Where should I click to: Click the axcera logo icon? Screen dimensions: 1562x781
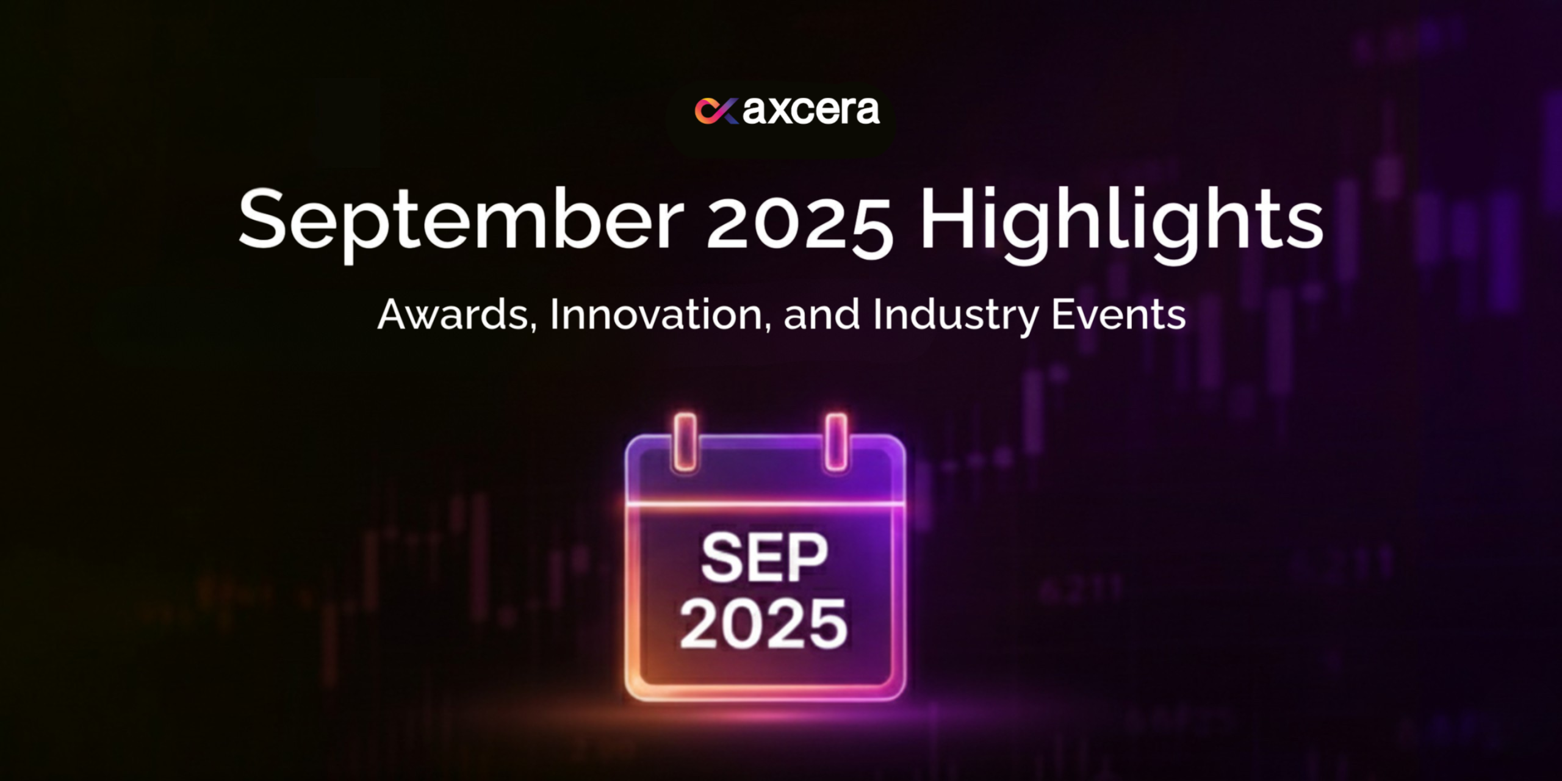point(716,111)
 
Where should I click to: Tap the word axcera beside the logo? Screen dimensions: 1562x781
point(811,110)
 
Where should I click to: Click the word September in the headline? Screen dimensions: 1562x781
point(461,223)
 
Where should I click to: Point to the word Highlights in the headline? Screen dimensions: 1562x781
point(1121,223)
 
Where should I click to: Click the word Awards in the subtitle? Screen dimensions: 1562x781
point(453,315)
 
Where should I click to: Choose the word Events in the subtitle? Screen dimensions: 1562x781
point(1119,315)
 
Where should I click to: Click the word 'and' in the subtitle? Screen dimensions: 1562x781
point(821,314)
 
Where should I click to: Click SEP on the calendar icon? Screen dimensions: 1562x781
point(764,557)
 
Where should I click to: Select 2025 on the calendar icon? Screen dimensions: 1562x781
point(763,623)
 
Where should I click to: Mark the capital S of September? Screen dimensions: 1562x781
point(262,218)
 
